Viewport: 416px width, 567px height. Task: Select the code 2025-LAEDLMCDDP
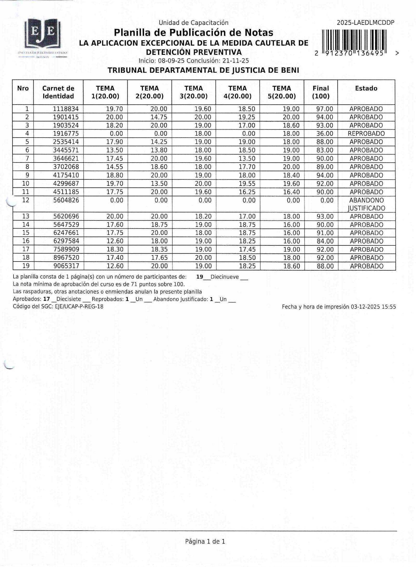point(365,23)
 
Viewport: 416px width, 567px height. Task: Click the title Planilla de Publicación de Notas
point(193,33)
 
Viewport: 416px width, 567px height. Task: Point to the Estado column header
point(366,88)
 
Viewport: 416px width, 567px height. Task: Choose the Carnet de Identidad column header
point(58,92)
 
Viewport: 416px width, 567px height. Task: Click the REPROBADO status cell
point(366,134)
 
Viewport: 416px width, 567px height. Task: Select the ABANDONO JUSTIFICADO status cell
point(366,204)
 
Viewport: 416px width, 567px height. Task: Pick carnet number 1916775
point(66,134)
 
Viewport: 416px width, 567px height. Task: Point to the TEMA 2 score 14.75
point(159,117)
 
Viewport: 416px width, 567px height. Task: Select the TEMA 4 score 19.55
point(247,184)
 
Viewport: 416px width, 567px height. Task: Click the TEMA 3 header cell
point(193,92)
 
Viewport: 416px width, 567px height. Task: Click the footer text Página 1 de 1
point(205,542)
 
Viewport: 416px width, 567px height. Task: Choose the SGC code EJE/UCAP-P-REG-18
point(79,307)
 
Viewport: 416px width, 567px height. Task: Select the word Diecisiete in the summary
point(69,299)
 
